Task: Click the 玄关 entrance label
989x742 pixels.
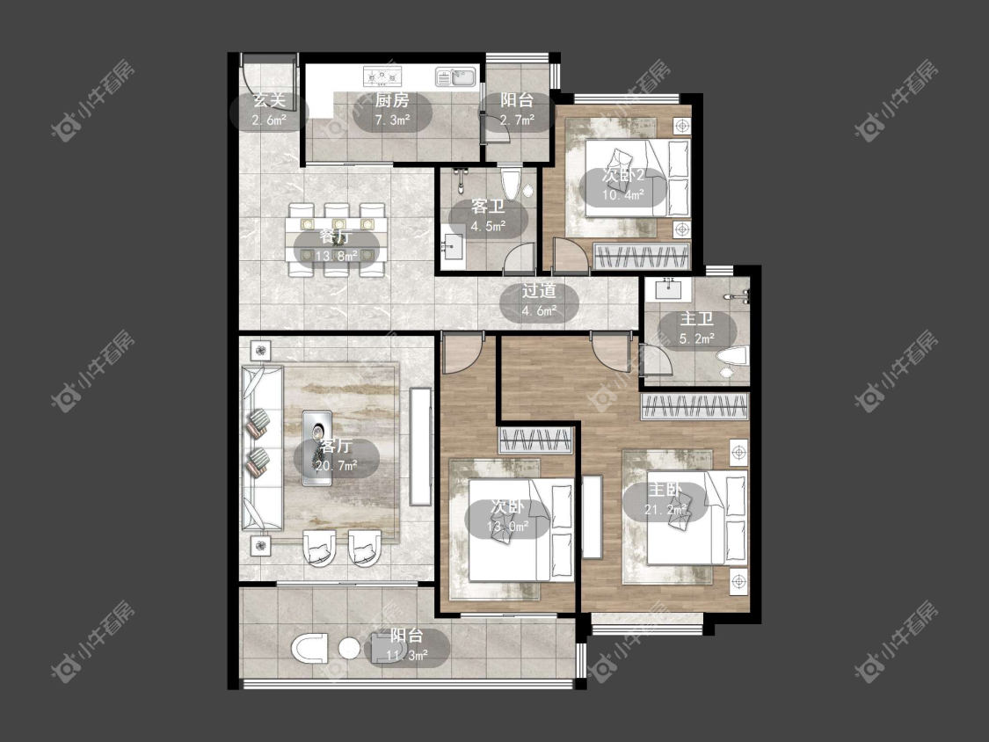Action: pos(269,99)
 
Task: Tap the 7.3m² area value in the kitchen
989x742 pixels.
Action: pos(393,120)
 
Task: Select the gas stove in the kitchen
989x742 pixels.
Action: pos(382,77)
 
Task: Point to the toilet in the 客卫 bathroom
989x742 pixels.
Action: pos(511,181)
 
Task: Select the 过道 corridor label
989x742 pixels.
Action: pos(539,291)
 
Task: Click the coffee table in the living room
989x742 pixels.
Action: pos(316,448)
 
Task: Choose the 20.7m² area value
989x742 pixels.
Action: pos(337,466)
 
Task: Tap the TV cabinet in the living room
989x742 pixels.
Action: pos(420,446)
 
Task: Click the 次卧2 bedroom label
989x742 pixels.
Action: pos(622,176)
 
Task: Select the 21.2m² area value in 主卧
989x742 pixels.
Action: pos(665,509)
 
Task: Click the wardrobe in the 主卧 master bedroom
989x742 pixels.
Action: pos(695,407)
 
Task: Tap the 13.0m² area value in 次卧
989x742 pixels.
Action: pos(508,527)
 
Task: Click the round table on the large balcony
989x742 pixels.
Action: pos(349,648)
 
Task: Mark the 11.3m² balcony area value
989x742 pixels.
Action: pos(407,656)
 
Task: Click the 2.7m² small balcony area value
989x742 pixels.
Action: pos(517,120)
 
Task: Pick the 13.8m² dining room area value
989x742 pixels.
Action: pos(336,256)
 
